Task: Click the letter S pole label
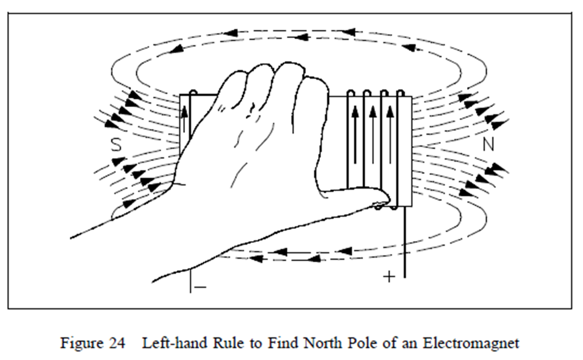point(116,145)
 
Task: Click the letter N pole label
point(489,144)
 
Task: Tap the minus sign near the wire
point(200,287)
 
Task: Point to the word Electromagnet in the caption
point(480,343)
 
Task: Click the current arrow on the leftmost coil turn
point(185,120)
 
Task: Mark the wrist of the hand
point(149,233)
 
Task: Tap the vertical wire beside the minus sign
point(190,281)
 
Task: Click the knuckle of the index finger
point(313,84)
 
